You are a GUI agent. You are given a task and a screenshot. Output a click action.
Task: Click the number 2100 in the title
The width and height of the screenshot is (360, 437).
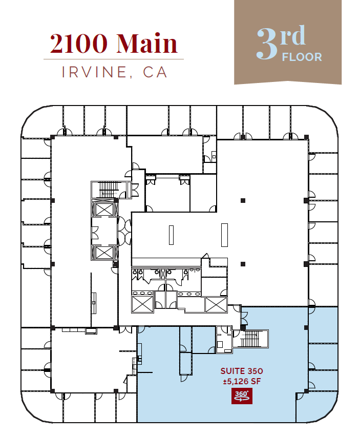[80, 44]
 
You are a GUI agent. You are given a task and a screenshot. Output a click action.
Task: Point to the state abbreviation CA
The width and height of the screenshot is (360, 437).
[156, 72]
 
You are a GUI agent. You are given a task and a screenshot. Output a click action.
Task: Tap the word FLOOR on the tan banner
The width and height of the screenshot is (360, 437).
[302, 56]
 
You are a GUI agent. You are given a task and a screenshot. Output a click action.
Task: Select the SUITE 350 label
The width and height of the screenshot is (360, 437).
[240, 371]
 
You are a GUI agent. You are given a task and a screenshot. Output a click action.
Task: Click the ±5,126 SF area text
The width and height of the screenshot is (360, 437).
[240, 381]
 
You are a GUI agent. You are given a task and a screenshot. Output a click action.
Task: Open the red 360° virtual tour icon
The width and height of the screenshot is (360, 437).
[241, 395]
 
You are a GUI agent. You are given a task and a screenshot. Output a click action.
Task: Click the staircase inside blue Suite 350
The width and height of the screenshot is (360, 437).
[250, 338]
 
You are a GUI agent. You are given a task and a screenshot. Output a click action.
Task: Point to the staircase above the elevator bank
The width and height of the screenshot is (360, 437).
[105, 190]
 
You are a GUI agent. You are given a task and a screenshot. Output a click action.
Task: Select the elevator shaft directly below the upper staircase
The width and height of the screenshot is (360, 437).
[104, 210]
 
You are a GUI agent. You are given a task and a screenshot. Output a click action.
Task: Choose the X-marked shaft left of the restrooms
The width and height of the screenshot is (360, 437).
[142, 303]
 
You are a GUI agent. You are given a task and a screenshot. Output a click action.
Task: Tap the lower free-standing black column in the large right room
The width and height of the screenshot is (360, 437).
[243, 264]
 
